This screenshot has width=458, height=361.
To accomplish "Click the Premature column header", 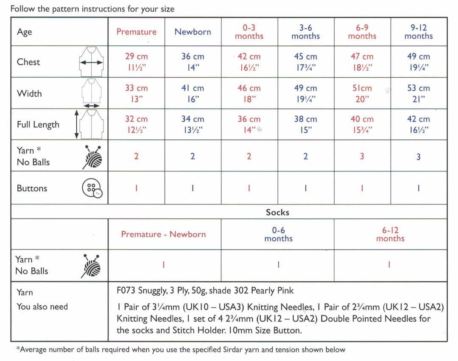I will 137,32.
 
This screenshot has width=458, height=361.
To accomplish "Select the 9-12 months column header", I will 418,32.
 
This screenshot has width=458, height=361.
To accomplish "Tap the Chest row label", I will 28,62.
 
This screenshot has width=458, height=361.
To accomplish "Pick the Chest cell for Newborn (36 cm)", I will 193,62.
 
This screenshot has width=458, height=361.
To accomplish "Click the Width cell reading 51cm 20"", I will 362,93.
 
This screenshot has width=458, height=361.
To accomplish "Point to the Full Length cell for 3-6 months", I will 305,124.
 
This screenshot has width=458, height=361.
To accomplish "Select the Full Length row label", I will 38,125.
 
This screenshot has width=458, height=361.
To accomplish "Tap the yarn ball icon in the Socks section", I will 92,266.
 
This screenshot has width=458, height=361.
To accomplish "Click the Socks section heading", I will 277,212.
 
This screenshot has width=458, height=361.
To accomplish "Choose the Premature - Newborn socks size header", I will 163,234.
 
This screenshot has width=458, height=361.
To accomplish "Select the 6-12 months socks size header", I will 390,234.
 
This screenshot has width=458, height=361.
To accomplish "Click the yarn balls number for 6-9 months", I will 362,157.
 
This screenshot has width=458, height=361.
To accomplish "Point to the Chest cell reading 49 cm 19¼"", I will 418,62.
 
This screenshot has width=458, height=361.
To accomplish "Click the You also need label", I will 42,307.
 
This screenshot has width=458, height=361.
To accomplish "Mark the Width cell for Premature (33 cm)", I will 137,93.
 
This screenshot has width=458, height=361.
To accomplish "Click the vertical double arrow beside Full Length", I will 76,124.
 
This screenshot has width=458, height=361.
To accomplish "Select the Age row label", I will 24,32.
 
